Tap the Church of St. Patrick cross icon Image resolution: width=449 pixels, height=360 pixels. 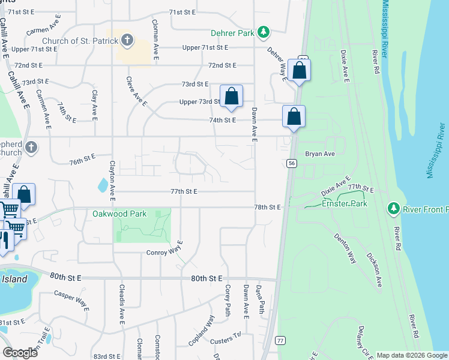tap(127, 41)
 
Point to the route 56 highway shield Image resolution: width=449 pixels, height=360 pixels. tap(291, 163)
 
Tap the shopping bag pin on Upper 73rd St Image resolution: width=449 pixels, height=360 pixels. tap(231, 97)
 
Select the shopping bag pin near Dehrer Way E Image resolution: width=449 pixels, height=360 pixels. tap(299, 70)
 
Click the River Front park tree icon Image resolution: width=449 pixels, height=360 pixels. tap(394, 208)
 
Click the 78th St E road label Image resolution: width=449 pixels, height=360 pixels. tap(267, 207)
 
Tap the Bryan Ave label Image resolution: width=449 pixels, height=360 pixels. tap(319, 154)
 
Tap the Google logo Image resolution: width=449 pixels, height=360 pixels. tap(20, 352)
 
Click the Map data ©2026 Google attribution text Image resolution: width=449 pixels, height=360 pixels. tap(412, 355)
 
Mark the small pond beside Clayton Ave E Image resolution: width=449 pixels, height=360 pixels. tap(102, 185)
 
